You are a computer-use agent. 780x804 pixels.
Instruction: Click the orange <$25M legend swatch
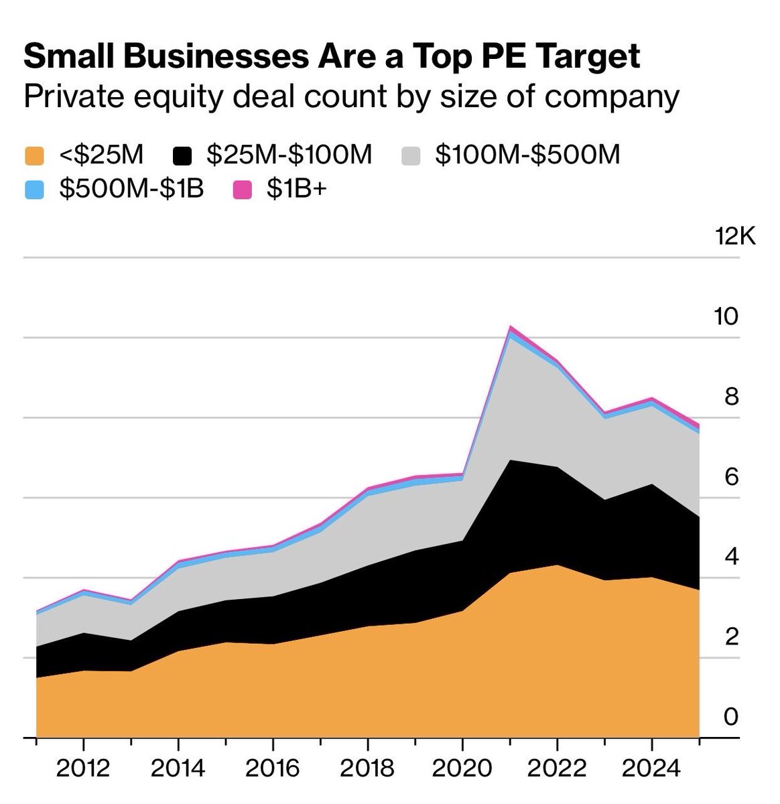pos(34,157)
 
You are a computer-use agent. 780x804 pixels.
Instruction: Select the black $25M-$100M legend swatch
pos(182,157)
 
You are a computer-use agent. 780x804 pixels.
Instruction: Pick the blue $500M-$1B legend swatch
pos(34,190)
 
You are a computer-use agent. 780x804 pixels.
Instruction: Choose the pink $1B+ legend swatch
pos(242,190)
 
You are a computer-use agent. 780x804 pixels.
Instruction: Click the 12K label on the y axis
pos(734,237)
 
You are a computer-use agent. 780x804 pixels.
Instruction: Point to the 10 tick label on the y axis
pos(726,316)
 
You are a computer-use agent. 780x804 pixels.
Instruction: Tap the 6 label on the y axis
pos(731,476)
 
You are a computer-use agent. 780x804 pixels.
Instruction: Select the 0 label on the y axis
pos(731,716)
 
